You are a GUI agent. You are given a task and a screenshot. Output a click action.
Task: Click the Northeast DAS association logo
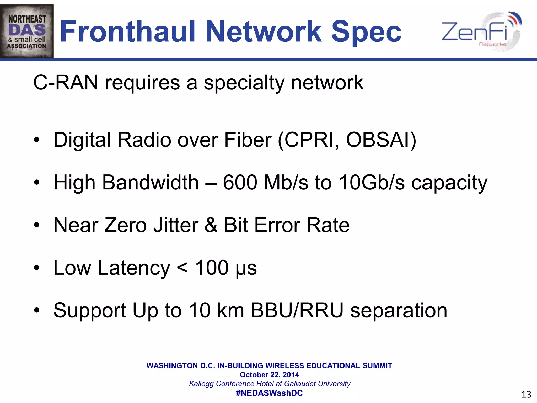pos(27,31)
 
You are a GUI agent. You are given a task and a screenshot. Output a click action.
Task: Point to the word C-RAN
pos(66,83)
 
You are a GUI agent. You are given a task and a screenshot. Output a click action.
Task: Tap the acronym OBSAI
pos(378,140)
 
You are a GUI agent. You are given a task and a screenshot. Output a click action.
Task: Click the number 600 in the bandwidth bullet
pos(240,182)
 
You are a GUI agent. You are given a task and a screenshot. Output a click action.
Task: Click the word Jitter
pos(176,225)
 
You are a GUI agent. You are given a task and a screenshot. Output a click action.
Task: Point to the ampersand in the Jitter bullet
pos(211,225)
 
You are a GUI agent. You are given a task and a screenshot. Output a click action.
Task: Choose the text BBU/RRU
pos(297,310)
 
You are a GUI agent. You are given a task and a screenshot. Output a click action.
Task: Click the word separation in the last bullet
pos(399,310)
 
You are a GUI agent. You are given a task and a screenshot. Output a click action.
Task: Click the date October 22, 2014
pos(269,375)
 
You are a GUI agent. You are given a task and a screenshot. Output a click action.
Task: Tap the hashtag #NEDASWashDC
pos(269,393)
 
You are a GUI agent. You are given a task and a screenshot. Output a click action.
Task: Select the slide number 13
pos(526,394)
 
